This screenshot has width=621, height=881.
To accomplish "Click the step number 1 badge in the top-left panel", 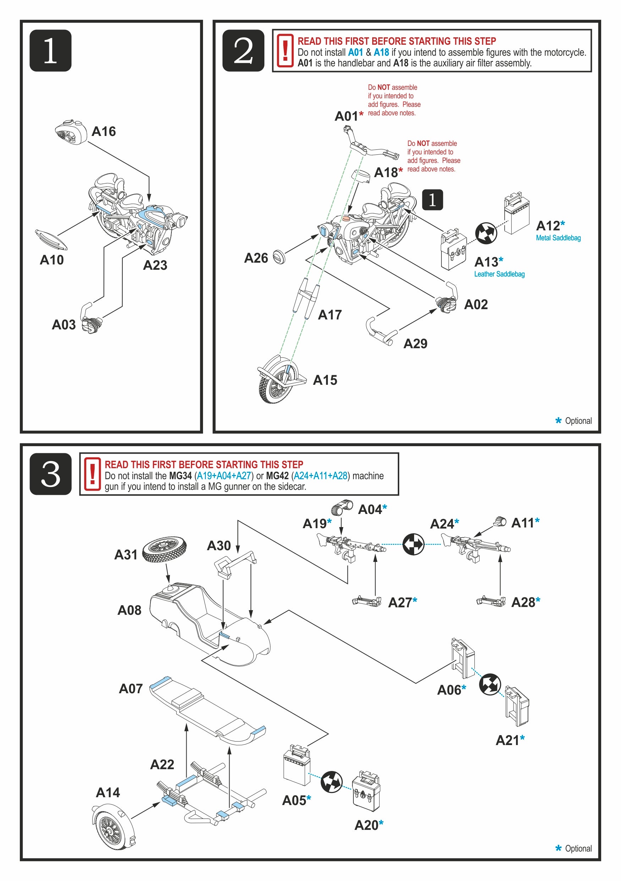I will tap(50, 51).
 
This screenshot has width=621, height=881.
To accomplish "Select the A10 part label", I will tap(51, 260).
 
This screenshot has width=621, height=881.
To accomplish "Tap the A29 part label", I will tap(415, 344).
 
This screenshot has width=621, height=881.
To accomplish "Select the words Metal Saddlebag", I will tap(558, 238).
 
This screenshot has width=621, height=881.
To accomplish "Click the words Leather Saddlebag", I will tap(499, 274).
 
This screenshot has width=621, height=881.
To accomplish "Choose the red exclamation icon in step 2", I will tap(285, 51).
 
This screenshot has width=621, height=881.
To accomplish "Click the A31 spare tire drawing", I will tap(164, 550).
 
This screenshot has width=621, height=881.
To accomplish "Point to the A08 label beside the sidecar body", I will tap(129, 610).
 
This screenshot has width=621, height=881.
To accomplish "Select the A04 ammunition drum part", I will tap(342, 507).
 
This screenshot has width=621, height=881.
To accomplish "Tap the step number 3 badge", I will tap(50, 474).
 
